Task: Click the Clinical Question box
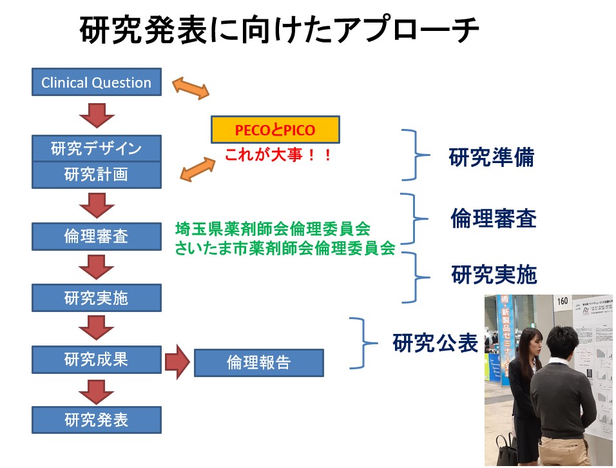pos(96,83)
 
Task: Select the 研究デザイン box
pos(96,148)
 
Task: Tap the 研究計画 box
pos(96,175)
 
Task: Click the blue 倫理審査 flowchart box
pos(96,236)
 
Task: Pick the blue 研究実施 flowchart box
pos(96,298)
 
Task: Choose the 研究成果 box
pos(96,359)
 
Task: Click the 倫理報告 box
pos(258,362)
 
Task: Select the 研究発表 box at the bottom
pos(96,420)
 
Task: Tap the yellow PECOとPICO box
pos(275,131)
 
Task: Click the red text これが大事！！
pos(278,155)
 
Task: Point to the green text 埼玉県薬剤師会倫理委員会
pos(273,228)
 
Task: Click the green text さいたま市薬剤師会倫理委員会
pos(284,249)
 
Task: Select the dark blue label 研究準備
pos(491,157)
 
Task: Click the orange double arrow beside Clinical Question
pos(190,88)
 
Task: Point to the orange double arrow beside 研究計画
pos(197,169)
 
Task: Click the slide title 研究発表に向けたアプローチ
pos(280,30)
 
